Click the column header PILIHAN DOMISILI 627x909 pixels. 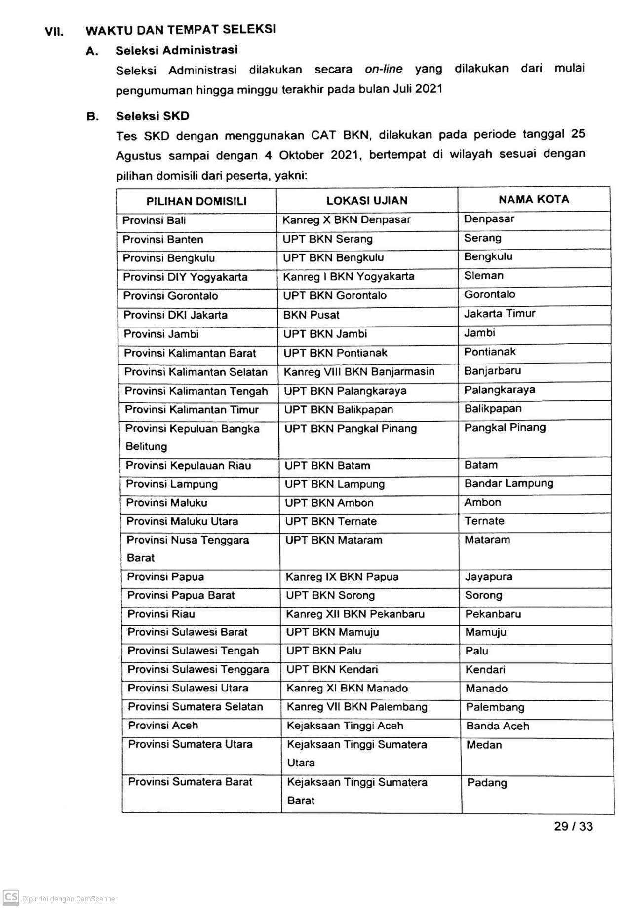(x=196, y=201)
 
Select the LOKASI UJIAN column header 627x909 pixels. (x=367, y=200)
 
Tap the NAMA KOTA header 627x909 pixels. (x=534, y=199)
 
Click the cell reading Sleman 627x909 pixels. (x=484, y=276)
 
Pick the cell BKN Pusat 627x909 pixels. (x=312, y=315)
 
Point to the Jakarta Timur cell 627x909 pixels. (x=500, y=314)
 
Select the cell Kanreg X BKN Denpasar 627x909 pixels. (x=347, y=220)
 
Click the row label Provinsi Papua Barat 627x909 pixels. (x=181, y=595)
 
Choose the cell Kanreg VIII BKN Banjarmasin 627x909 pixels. (x=359, y=372)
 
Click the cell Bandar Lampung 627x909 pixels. (x=509, y=484)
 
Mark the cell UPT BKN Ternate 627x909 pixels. (x=331, y=521)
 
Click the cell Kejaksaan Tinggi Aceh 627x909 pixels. (x=345, y=726)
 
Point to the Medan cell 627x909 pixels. (x=484, y=745)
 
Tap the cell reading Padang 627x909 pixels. (x=487, y=783)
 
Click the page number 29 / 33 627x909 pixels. (x=573, y=827)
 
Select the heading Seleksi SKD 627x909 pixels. (x=153, y=116)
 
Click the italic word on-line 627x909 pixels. (x=384, y=69)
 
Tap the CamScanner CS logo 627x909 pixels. (x=11, y=897)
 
